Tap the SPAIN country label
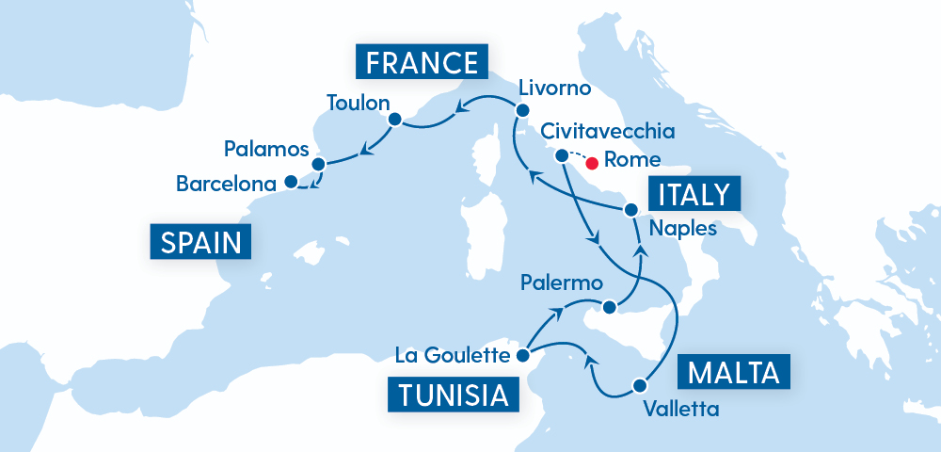(200, 243)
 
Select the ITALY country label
(694, 195)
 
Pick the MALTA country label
(734, 372)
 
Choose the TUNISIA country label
(454, 395)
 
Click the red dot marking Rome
(592, 161)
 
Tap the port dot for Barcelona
(291, 181)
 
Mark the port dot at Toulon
(394, 119)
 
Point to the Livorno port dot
(522, 110)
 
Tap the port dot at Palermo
(609, 307)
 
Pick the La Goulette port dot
(522, 356)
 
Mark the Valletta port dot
(641, 385)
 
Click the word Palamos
(267, 149)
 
